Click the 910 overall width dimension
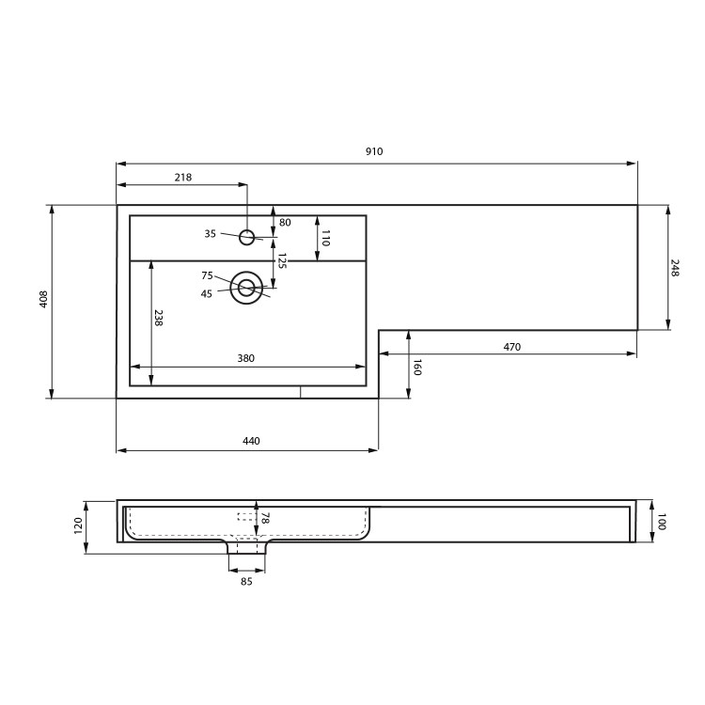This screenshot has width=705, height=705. point(376,151)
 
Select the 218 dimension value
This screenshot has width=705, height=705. point(182,177)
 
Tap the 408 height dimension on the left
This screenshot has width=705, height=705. point(43,300)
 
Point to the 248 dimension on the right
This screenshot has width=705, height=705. point(675,267)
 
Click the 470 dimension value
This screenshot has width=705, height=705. point(511,347)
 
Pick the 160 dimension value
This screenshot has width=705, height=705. point(417,367)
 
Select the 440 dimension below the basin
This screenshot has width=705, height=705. point(251,441)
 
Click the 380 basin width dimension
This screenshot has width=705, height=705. point(246,358)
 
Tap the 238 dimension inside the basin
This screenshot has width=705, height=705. point(159,319)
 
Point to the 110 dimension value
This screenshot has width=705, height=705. point(325,238)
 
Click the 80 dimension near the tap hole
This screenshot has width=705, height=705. point(285,223)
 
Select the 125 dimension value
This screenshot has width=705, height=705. point(281,260)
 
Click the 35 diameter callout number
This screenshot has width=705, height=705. point(210,233)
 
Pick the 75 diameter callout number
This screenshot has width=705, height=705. point(207,275)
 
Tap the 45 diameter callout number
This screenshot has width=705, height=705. point(207,293)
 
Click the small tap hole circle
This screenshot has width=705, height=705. point(247,236)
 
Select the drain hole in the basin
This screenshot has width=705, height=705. point(247,288)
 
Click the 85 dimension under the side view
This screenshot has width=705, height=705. point(246,581)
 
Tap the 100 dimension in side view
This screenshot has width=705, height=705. point(661,523)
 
